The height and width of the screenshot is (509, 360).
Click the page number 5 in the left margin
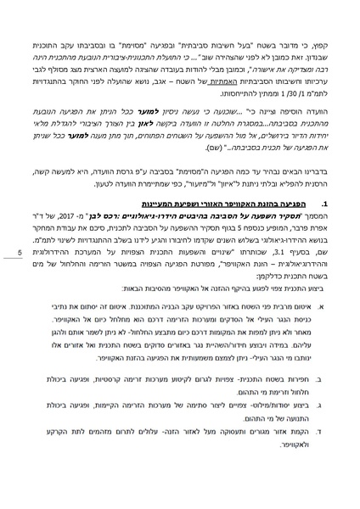pyautogui.click(x=21, y=252)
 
